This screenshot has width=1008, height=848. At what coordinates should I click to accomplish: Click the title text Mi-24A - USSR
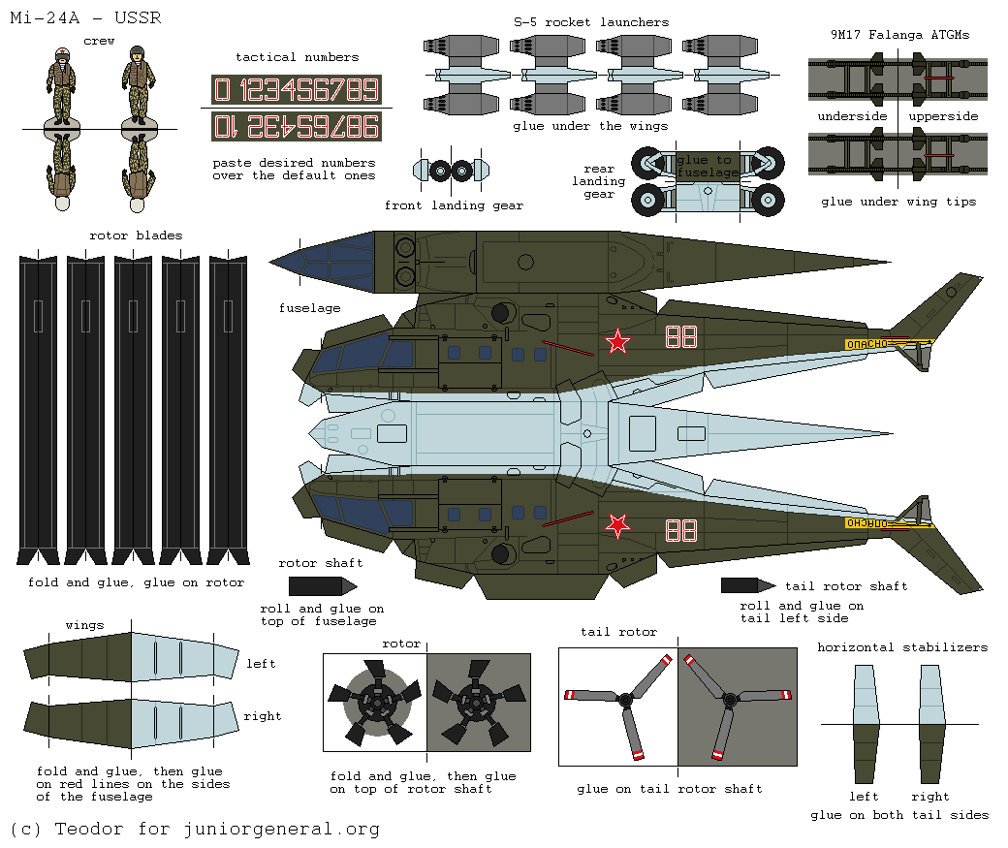[85, 17]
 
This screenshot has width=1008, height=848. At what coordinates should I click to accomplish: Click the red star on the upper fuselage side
[617, 341]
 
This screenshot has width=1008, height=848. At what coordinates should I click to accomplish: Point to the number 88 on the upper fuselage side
[681, 337]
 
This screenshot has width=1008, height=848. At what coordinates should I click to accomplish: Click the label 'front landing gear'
[454, 205]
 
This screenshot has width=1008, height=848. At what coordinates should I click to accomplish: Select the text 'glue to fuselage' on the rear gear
[707, 166]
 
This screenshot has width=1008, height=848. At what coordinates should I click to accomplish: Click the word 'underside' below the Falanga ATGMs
[852, 116]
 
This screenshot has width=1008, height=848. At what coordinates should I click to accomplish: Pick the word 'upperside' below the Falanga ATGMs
[943, 116]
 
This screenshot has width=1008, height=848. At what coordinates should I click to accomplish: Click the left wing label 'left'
[261, 664]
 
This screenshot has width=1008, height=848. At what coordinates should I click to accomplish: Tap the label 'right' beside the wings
[263, 716]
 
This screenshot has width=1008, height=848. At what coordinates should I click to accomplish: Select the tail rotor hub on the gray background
[730, 700]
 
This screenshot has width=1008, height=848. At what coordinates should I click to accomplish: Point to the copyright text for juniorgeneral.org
[196, 830]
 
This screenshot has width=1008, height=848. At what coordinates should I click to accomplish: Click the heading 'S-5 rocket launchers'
[591, 22]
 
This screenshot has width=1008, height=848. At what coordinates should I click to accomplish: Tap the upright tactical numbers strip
[297, 89]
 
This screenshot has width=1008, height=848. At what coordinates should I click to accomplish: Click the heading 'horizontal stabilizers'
[902, 647]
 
